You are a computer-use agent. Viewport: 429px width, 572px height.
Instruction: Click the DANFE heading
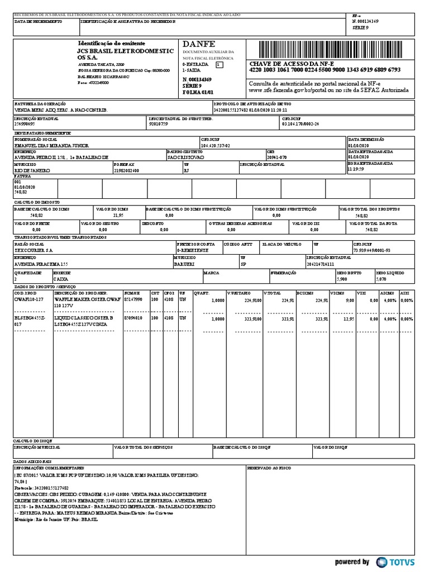coord(196,44)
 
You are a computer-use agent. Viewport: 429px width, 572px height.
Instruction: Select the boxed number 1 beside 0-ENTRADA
coord(219,65)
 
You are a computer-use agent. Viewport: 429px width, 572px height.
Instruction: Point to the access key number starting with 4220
coord(325,70)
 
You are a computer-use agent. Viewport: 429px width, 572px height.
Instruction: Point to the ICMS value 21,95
coord(118,214)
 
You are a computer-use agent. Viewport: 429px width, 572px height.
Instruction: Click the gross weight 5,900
coord(342,278)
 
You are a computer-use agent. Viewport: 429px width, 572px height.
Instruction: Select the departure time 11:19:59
coord(356,169)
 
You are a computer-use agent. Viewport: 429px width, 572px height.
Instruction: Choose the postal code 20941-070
coord(278,158)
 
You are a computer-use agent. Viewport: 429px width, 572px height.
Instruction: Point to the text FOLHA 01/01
coord(198,92)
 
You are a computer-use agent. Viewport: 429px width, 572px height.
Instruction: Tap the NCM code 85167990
coord(134,300)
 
